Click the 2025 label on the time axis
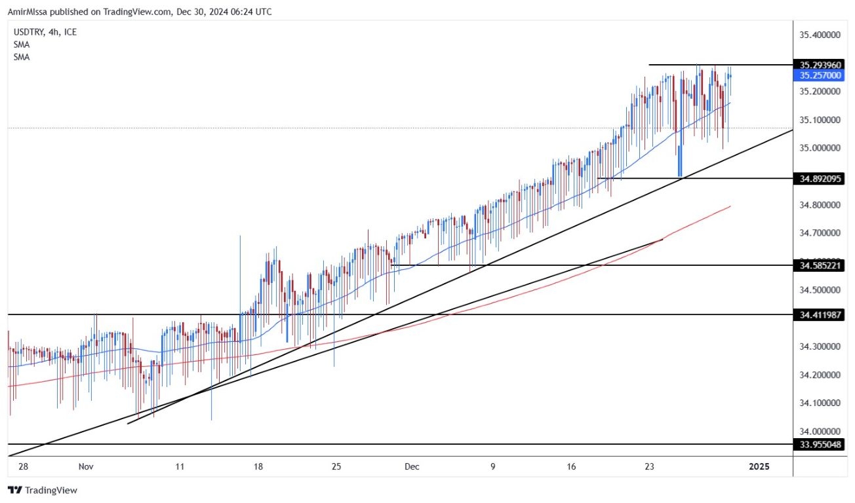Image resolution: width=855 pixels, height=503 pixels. click(x=759, y=466)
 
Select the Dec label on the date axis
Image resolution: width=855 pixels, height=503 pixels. click(x=412, y=466)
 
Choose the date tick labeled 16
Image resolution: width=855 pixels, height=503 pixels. click(x=572, y=466)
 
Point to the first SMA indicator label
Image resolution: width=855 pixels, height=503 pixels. click(x=21, y=45)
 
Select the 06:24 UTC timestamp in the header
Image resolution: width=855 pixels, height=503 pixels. click(x=249, y=12)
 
